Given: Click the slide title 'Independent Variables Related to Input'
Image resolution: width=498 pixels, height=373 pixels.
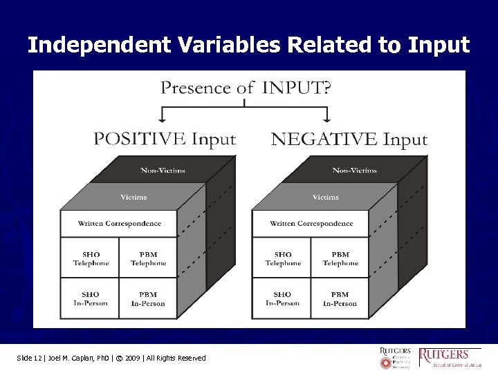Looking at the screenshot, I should point(248,46).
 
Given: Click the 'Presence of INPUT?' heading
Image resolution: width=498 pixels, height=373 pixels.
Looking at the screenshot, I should point(246,88).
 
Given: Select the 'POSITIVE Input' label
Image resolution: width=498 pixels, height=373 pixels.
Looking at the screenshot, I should point(165,139).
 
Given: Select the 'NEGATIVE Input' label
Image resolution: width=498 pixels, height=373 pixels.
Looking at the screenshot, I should point(349,139).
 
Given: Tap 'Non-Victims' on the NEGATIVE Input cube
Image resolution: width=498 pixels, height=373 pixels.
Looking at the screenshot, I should point(354,170).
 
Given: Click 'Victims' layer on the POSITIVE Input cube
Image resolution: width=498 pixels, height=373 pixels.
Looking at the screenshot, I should point(133,197).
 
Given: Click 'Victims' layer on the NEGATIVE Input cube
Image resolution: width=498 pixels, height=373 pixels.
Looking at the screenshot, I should point(325,197).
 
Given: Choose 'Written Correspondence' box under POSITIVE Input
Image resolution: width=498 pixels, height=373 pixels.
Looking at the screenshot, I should point(119,223).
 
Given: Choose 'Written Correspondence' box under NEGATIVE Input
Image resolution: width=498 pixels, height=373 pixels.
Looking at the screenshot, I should point(311,223).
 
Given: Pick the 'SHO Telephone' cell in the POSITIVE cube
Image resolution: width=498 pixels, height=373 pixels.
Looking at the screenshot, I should point(91,258).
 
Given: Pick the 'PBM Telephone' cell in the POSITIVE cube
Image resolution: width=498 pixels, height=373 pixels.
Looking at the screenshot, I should point(148,258).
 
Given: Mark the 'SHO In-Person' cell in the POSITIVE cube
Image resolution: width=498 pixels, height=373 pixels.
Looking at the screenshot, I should point(91,298).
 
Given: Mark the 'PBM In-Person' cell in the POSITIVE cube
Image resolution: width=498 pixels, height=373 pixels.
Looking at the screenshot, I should point(148,298).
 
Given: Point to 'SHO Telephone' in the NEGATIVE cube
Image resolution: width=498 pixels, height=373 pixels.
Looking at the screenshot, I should point(282,258).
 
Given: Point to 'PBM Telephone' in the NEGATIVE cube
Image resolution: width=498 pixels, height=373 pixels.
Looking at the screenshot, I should point(340,258).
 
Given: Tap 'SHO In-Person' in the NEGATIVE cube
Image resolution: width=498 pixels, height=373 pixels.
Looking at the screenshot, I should point(282,298).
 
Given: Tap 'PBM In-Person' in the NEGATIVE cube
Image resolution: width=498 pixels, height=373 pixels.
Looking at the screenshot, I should point(340,298).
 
